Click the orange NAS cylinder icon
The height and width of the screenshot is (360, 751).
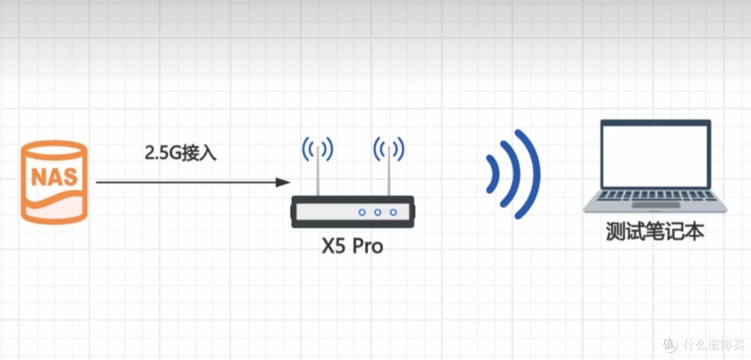click(x=54, y=182)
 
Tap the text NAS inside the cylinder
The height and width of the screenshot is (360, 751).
click(x=54, y=177)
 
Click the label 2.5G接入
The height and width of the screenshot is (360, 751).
click(x=181, y=153)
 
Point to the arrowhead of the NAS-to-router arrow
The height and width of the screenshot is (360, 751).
click(x=283, y=182)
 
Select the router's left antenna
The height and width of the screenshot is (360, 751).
click(x=318, y=171)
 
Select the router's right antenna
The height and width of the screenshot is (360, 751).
click(x=389, y=171)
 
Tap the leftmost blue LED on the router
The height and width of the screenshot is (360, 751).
click(x=362, y=212)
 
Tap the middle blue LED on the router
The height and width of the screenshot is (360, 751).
click(x=378, y=212)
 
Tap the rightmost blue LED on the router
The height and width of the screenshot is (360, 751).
click(x=393, y=212)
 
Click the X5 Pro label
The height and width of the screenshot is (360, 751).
click(x=352, y=247)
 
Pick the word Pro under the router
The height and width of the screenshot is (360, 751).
click(x=368, y=247)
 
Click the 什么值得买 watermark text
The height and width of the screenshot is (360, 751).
click(x=712, y=344)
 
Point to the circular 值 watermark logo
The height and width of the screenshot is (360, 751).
click(x=671, y=345)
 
